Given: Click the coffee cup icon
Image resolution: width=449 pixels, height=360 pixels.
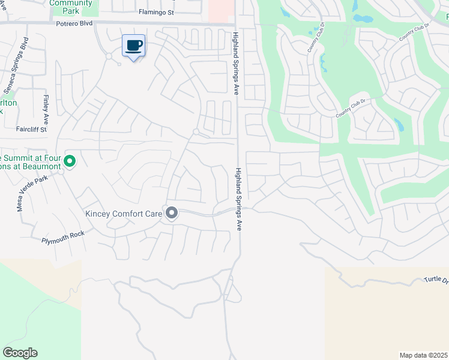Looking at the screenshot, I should coord(133,46).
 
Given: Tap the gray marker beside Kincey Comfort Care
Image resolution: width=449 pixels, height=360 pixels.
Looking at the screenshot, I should coord(172,214).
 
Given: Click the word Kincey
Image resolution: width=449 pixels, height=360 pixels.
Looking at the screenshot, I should coord(100,214).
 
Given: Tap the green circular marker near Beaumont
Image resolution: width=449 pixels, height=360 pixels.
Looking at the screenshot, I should coord(70,161).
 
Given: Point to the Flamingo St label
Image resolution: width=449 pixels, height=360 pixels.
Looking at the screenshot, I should coord(155,11).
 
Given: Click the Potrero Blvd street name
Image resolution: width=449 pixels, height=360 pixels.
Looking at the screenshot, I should coord(74,23).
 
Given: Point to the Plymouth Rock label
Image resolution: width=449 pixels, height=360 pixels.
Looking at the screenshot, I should coord(63,239).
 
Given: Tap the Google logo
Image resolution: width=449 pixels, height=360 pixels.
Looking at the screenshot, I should coord(20,353).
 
